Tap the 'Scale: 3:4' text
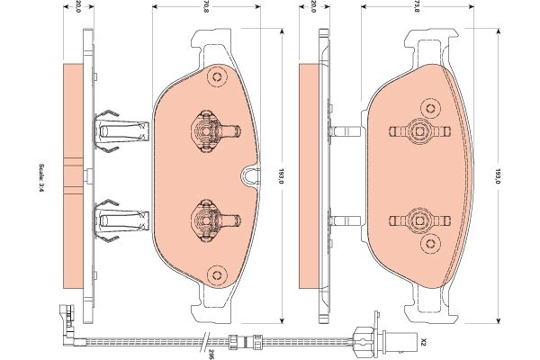click(x=41, y=177)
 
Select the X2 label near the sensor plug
click(x=424, y=342)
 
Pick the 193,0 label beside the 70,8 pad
click(x=281, y=176)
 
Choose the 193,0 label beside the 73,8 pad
click(x=497, y=176)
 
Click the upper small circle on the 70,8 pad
click(x=217, y=77)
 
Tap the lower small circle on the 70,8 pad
click(x=217, y=274)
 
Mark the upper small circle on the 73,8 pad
click(x=430, y=109)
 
